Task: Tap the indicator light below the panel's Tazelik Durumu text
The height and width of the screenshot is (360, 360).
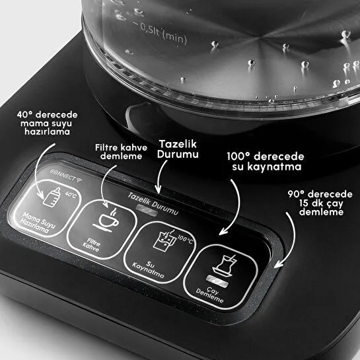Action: coord(142,206)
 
